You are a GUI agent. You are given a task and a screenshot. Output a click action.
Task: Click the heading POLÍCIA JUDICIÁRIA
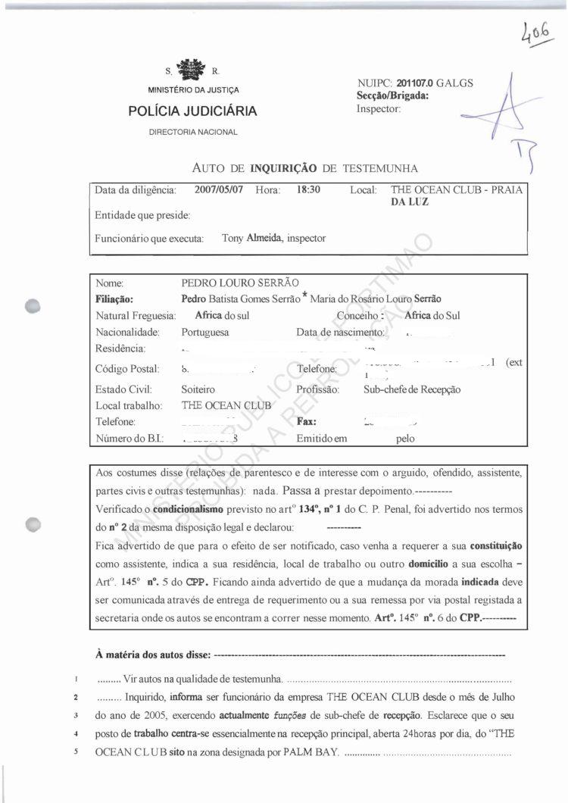192,112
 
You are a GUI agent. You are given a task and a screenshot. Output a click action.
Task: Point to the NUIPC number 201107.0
409,83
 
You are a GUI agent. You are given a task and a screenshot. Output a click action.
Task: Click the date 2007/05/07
218,190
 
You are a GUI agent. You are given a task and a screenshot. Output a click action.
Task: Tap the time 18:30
309,190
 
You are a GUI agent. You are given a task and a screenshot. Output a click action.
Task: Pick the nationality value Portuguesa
205,332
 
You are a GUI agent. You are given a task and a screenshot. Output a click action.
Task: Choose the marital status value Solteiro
198,389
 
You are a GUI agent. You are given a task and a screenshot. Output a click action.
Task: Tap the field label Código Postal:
127,369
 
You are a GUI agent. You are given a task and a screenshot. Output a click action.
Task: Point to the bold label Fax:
306,422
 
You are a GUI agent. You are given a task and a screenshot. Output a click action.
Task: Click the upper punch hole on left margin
32,305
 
